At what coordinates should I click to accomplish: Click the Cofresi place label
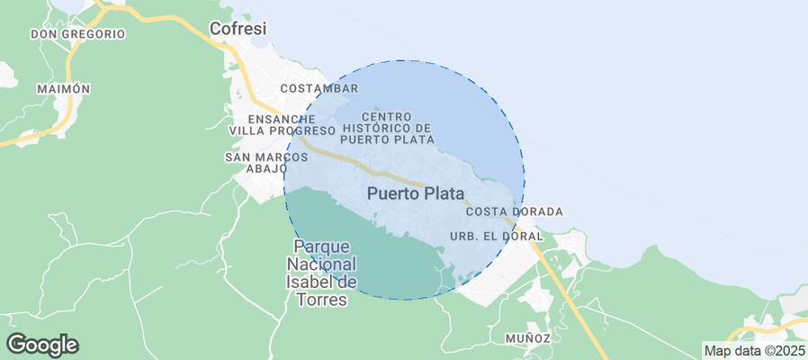pos(238,30)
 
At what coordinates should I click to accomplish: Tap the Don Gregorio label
pos(77,34)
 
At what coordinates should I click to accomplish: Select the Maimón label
pos(64,89)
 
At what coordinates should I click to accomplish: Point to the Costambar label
pos(319,88)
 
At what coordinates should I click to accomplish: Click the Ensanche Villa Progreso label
pos(282,124)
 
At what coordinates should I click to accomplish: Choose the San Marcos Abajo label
pos(266,162)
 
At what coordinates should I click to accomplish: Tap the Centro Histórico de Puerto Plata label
pos(388,128)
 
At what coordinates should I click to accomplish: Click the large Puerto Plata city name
pos(415,193)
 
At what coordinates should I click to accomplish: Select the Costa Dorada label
pos(514,211)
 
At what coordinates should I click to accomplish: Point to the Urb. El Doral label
pos(496,237)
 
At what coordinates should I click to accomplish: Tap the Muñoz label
pos(527,337)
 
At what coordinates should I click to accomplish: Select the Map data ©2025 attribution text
pos(755,351)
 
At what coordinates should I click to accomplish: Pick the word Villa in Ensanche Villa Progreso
pos(247,130)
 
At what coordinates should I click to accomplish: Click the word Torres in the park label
pos(321,300)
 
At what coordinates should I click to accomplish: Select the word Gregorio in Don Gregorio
pos(93,34)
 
